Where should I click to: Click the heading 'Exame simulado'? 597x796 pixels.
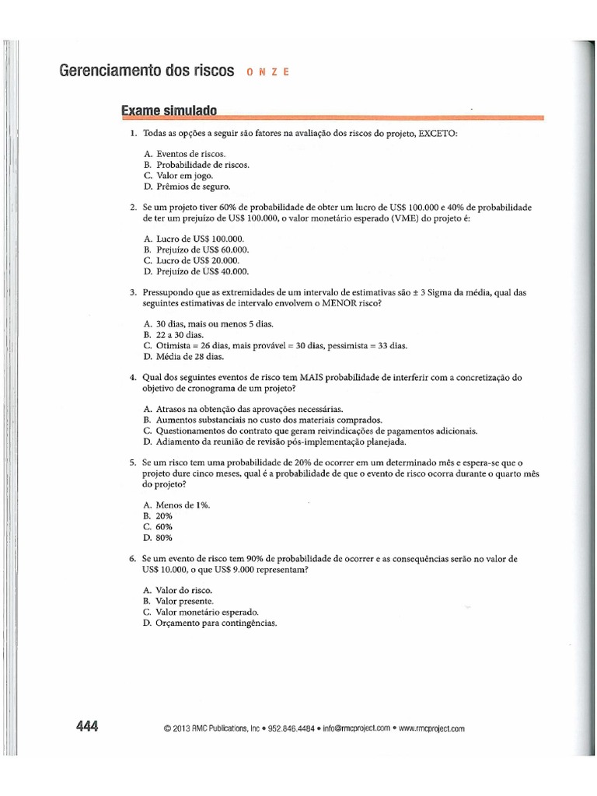(168, 111)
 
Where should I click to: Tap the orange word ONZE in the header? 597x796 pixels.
(267, 72)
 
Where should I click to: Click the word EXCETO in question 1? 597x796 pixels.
(438, 134)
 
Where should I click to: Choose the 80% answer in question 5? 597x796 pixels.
(164, 537)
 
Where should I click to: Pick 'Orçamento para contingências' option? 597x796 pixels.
(215, 623)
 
